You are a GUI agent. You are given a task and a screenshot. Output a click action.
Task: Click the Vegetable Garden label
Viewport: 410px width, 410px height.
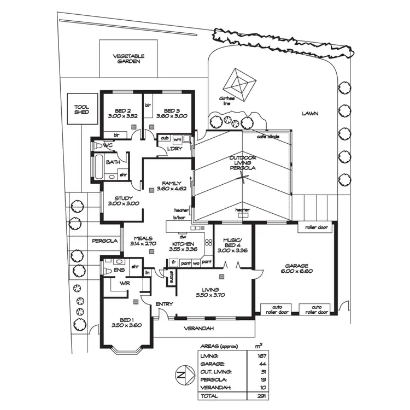tap(128, 59)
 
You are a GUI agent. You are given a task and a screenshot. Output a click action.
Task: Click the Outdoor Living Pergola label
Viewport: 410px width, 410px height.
tap(242, 163)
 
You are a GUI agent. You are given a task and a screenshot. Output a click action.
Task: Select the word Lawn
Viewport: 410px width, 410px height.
tap(309, 113)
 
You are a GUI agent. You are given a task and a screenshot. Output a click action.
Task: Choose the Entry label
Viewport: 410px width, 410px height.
tap(164, 304)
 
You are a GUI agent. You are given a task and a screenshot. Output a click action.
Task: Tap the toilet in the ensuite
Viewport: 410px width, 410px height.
tap(108, 271)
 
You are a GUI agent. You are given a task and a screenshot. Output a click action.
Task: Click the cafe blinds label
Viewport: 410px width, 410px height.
tap(269, 138)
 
